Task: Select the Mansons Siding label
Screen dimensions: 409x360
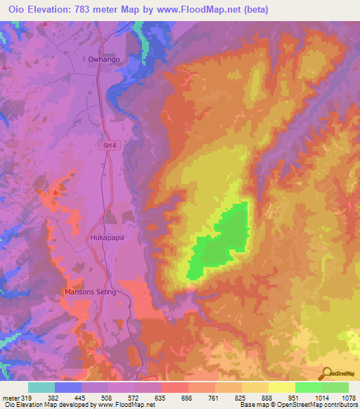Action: point(89,292)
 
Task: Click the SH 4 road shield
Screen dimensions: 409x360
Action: point(107,145)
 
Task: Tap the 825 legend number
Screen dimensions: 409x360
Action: point(240,397)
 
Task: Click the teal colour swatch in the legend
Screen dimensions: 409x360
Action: point(41,387)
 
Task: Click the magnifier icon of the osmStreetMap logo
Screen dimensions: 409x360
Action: point(325,373)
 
